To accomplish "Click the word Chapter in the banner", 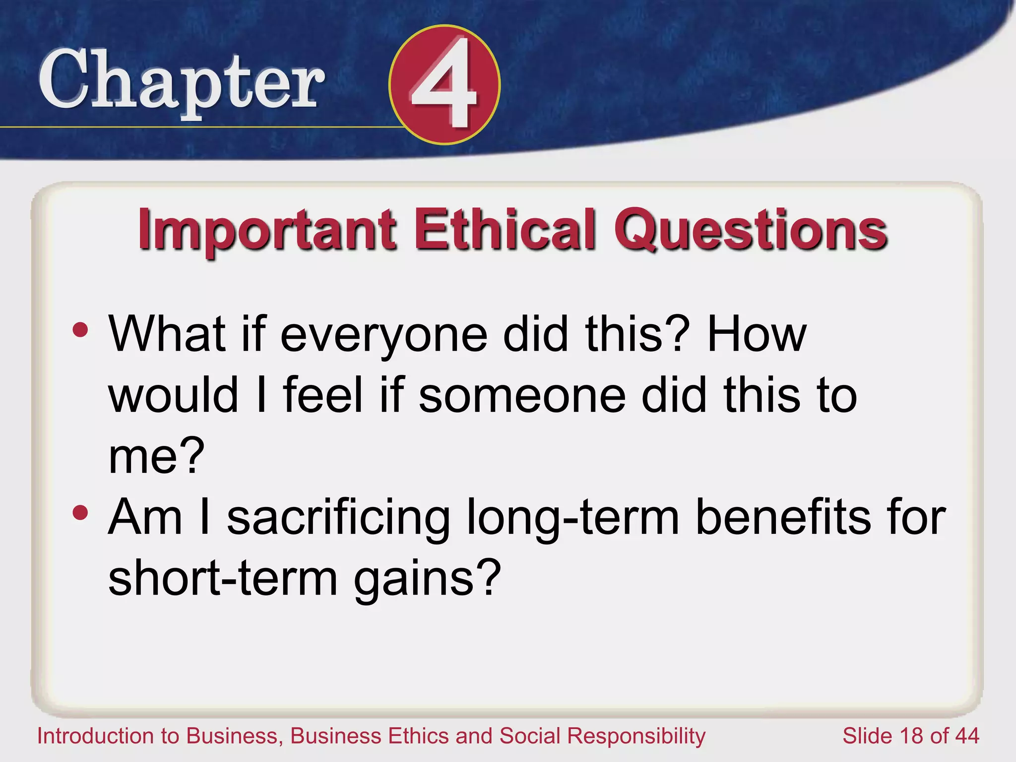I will pyautogui.click(x=182, y=82).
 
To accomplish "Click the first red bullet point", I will pyautogui.click(x=80, y=330).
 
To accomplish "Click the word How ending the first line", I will pyautogui.click(x=757, y=335).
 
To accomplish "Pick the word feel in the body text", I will pyautogui.click(x=323, y=395).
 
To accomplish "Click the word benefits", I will pyautogui.click(x=783, y=517).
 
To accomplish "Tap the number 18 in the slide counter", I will pyautogui.click(x=913, y=736).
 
